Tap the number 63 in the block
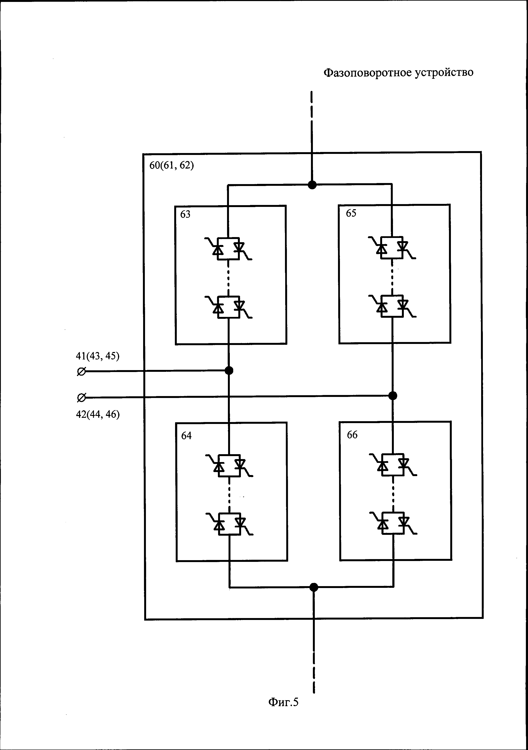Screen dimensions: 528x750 [x=185, y=214]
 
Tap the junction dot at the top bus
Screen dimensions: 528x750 [x=312, y=185]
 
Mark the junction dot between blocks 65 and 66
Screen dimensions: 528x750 [x=393, y=396]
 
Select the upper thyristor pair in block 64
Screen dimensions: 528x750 [x=229, y=465]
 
